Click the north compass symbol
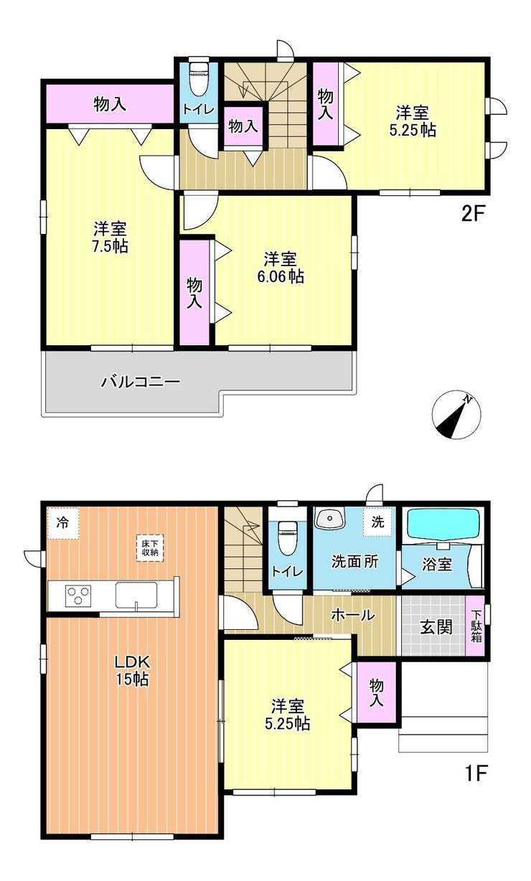tap(456, 414)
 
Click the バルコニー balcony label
tap(141, 382)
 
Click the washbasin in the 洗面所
tap(329, 519)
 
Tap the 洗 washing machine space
tap(377, 522)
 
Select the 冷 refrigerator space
tap(63, 523)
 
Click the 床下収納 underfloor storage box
tap(150, 548)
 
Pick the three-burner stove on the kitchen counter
tap(78, 595)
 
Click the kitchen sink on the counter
tap(136, 595)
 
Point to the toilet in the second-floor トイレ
tap(199, 77)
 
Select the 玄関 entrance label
tap(436, 627)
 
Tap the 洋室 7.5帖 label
tap(110, 237)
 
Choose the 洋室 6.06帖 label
tap(281, 268)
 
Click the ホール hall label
tap(352, 615)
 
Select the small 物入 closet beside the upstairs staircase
tap(243, 126)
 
